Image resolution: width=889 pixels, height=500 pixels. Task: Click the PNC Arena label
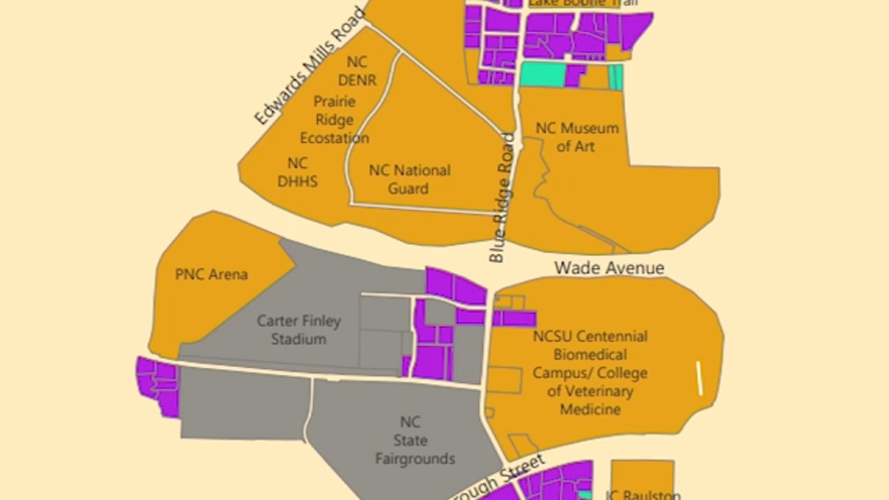pos(211,274)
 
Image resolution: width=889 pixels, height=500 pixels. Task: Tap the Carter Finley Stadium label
pos(298,330)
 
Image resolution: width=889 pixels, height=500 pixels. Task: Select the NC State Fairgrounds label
pos(414,441)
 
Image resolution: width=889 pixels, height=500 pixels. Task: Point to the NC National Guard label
pos(409,179)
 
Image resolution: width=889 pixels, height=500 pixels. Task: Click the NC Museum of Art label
pos(576,137)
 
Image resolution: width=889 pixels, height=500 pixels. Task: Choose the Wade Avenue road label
pos(609,268)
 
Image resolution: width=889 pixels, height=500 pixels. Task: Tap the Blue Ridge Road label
pos(502,197)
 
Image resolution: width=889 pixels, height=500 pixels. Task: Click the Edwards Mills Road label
pos(309,66)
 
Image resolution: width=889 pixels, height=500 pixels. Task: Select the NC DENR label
pos(357,71)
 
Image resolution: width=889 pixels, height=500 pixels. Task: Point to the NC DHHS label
pos(297,172)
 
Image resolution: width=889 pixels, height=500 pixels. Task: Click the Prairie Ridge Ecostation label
pos(334,120)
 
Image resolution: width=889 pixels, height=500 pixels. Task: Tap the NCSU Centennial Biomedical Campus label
pos(590,372)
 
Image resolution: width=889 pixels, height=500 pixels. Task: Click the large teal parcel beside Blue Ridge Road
pos(543,74)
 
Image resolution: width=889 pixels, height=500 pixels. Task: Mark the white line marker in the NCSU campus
pos(700,378)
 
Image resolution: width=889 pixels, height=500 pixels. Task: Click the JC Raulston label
pos(643,494)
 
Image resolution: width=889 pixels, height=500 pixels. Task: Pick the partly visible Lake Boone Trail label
pos(582,3)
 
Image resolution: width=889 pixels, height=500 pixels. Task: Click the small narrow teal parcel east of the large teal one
pos(616,77)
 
